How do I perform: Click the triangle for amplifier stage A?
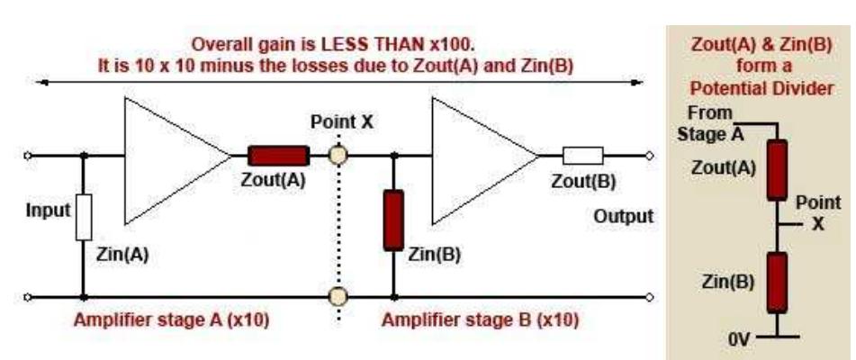167,158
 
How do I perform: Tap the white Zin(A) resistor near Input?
84,217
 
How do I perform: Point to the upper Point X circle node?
338,156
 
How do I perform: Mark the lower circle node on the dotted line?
338,295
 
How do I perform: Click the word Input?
48,211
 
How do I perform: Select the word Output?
623,218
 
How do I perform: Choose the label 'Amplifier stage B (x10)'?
480,320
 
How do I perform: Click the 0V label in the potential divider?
741,339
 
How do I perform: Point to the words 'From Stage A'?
710,124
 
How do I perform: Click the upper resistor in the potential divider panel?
776,169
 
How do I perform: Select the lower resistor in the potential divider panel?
776,281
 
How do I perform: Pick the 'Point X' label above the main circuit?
338,122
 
